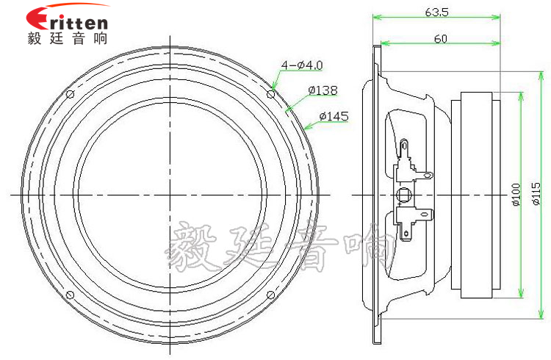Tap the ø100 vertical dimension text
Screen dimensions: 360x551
[x=515, y=195]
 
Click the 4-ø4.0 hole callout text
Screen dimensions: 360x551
[x=301, y=65]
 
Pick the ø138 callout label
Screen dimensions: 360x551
[x=323, y=90]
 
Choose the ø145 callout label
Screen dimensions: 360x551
[x=334, y=116]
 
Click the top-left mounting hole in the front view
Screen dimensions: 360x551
[x=71, y=95]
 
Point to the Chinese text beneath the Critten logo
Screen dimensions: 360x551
[x=67, y=38]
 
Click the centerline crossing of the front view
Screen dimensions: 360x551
[x=170, y=195]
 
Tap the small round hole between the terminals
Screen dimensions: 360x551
[x=403, y=195]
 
